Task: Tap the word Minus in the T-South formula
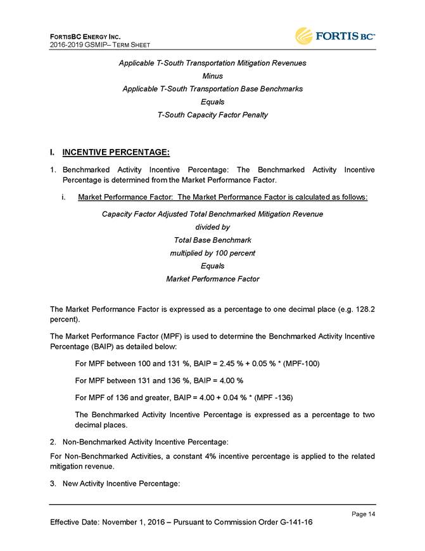pos(212,76)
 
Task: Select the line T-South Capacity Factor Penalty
pos(212,115)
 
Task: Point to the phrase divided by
pos(212,227)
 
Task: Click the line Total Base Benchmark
pos(212,240)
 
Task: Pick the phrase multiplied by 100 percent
pos(213,253)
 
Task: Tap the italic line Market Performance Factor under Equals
pos(212,279)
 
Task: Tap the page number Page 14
pos(362,513)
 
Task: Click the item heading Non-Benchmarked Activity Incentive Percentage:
pos(144,440)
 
